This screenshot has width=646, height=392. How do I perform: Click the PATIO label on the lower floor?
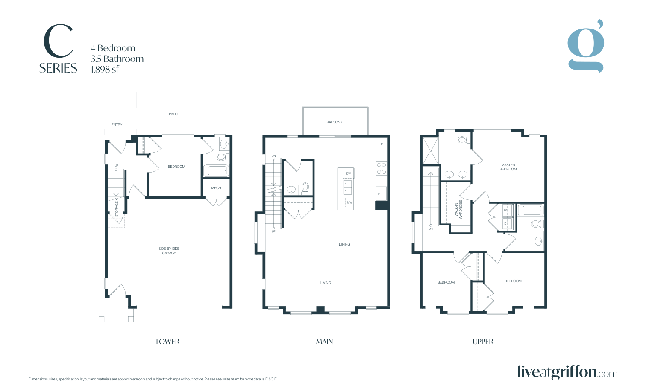point(173,114)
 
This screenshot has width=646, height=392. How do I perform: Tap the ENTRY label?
point(117,125)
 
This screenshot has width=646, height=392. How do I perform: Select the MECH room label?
point(216,188)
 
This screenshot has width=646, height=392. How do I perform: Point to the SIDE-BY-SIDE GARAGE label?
point(169,251)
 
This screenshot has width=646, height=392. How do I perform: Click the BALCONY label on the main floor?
point(335,122)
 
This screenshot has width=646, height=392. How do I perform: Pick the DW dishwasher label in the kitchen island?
point(348,173)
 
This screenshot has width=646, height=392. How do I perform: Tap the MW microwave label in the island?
point(349,202)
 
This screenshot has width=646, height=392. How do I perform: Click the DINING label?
point(344,244)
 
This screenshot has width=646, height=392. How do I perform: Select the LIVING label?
point(326,283)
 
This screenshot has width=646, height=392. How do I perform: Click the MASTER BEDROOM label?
point(508,167)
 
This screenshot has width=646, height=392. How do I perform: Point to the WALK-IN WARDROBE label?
point(458,210)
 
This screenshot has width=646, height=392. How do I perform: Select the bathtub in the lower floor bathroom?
point(216,171)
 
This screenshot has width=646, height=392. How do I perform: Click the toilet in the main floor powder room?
point(305,188)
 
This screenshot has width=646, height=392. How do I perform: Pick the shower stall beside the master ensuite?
point(430,151)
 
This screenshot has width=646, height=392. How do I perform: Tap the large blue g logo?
point(586,46)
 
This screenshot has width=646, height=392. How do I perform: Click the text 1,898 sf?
point(104,70)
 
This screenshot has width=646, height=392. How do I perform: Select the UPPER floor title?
point(483,342)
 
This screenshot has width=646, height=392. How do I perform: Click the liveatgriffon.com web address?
point(567,372)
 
